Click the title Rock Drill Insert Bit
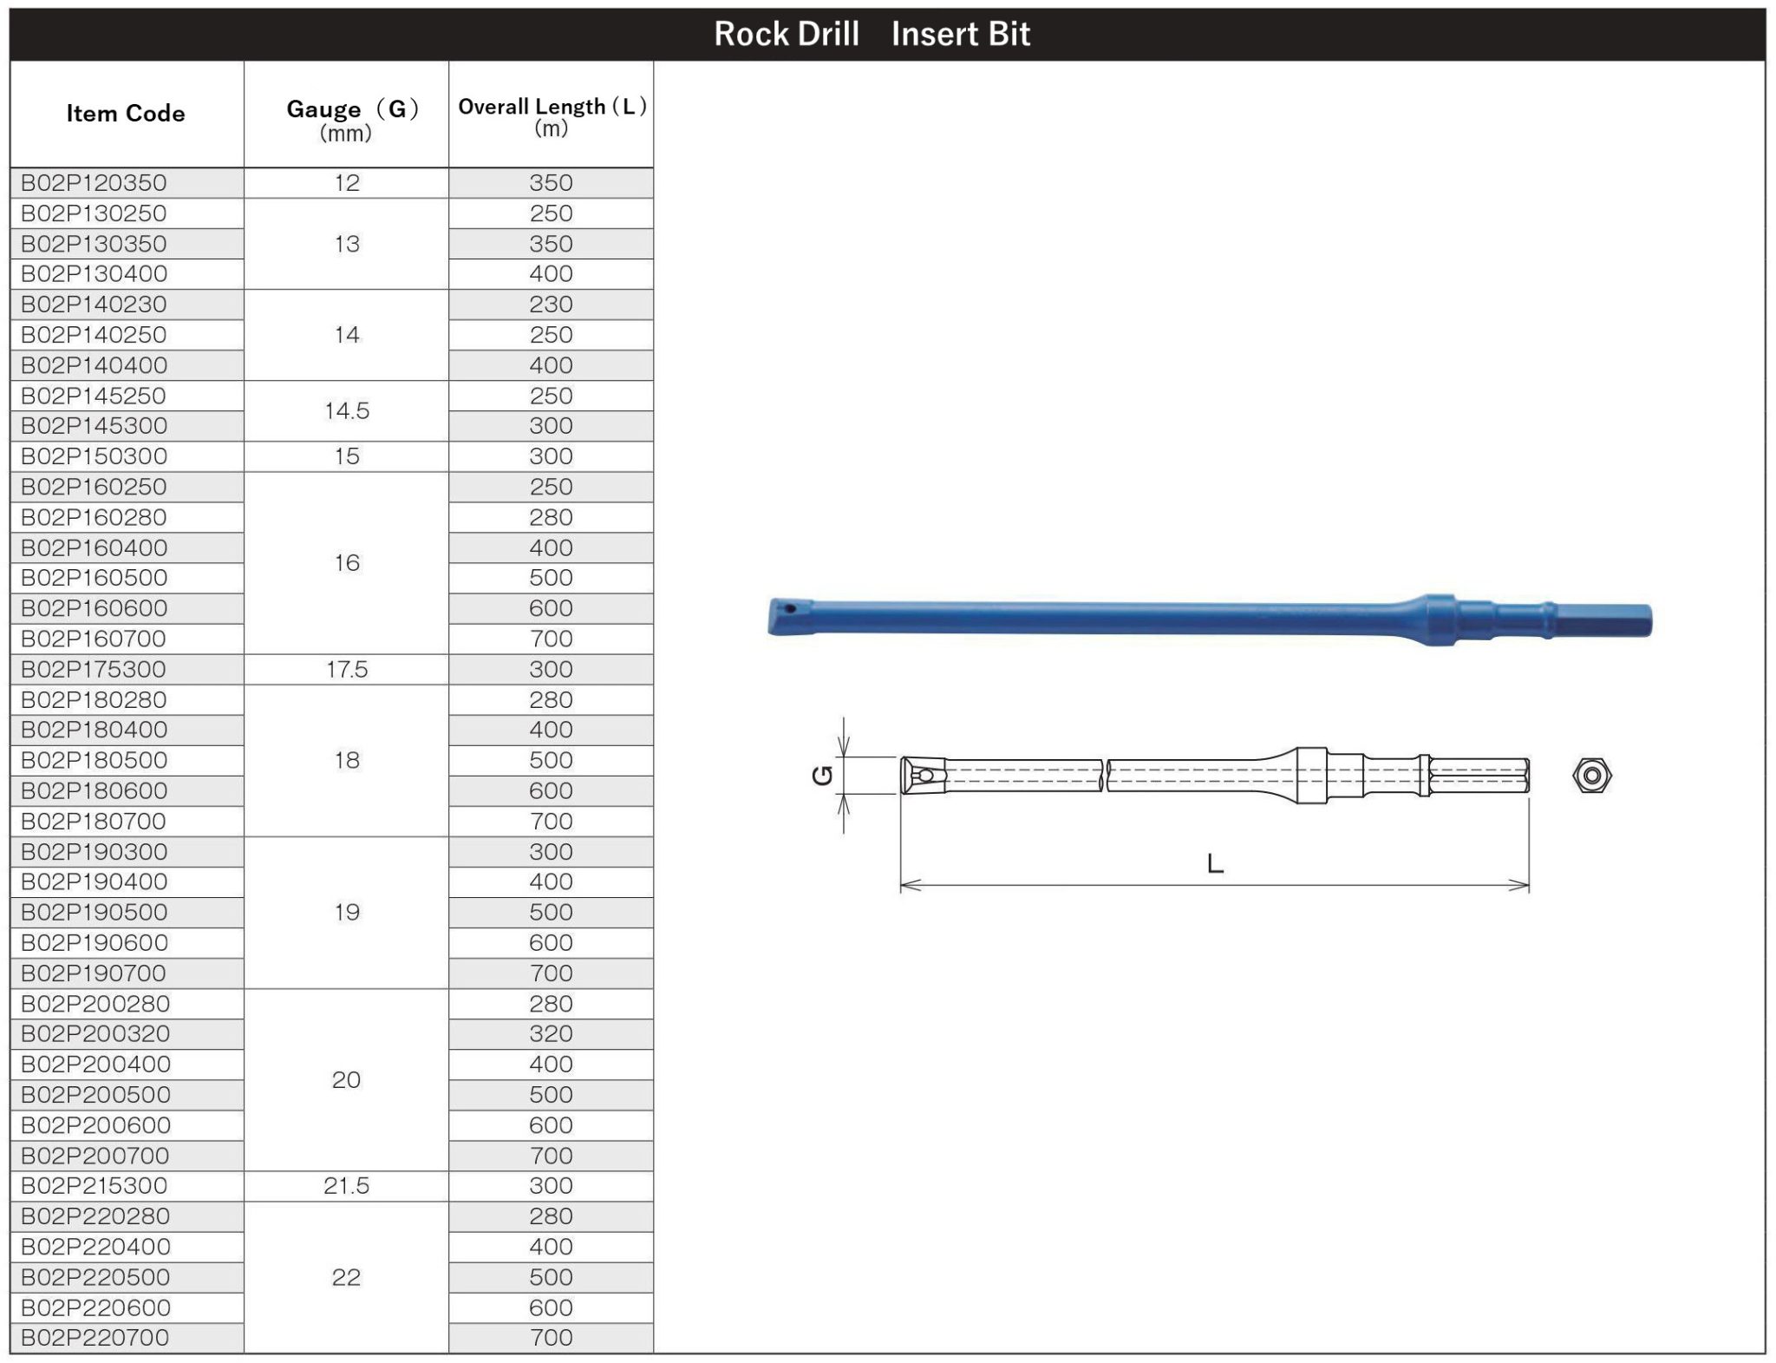(872, 34)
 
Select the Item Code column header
(126, 114)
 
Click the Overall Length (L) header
(552, 115)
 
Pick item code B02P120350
(94, 183)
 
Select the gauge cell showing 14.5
(347, 410)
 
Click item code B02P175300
(94, 669)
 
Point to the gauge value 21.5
(347, 1186)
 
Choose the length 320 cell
(552, 1034)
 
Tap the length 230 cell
(552, 305)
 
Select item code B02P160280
(94, 518)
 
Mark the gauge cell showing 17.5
(347, 669)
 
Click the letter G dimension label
(821, 775)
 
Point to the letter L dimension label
(1215, 864)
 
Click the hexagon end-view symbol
(1592, 776)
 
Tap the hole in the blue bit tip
(790, 608)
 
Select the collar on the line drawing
(1311, 775)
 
